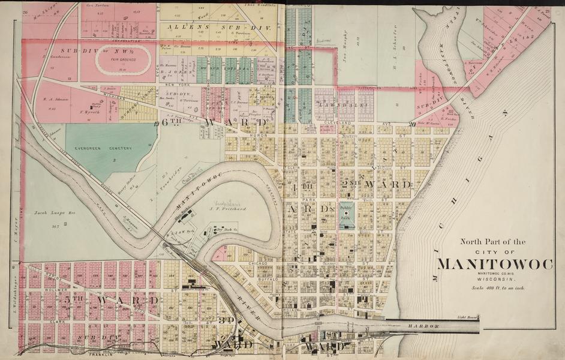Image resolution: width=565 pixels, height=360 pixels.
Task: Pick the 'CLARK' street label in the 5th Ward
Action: coord(57,321)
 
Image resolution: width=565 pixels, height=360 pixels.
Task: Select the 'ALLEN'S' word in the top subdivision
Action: coord(187,27)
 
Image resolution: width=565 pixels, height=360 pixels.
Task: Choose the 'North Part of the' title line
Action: coord(492,242)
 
